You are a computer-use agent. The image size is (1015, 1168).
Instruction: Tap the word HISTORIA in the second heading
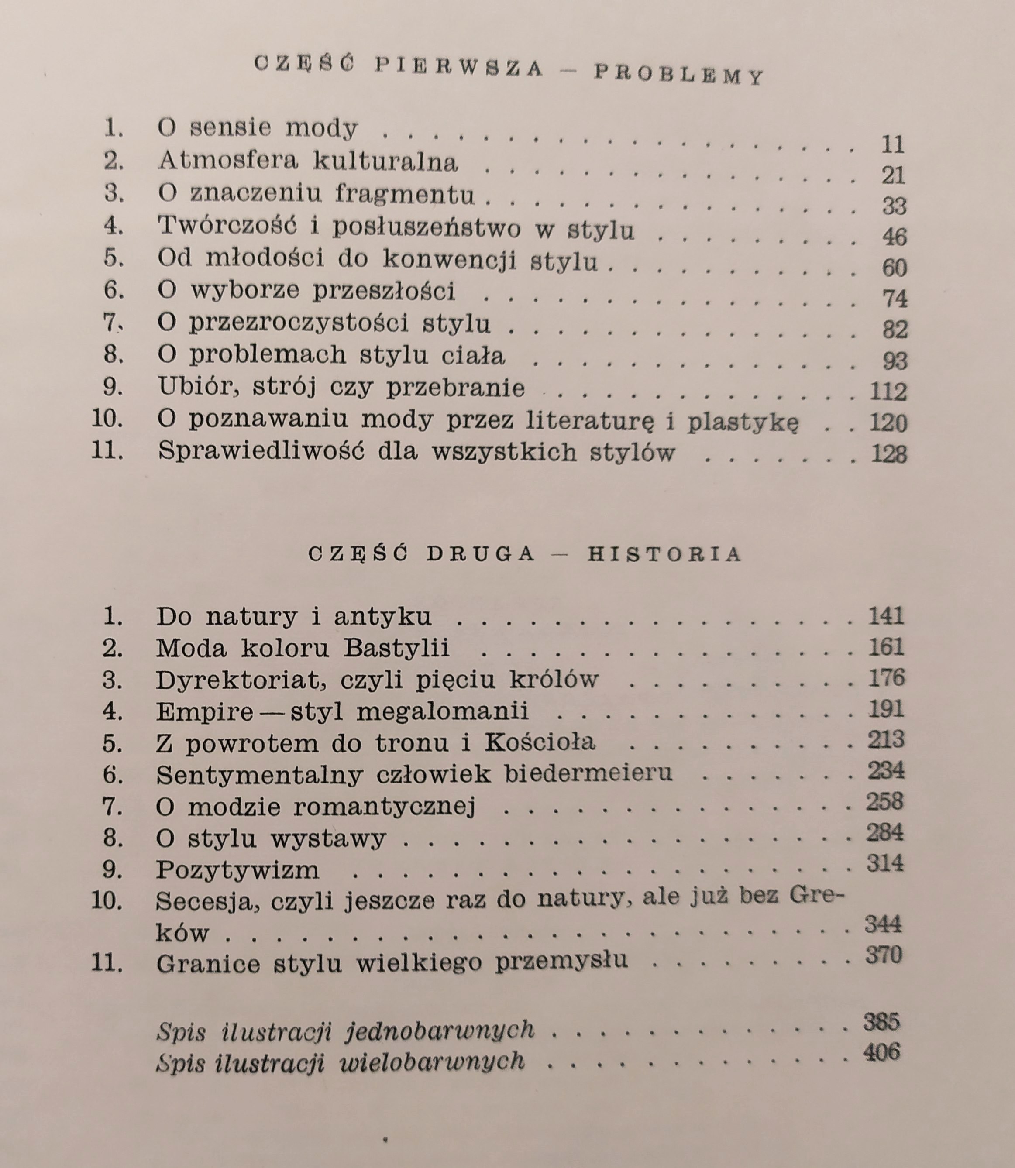pyautogui.click(x=664, y=554)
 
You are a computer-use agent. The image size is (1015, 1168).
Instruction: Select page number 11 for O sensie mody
pyautogui.click(x=893, y=145)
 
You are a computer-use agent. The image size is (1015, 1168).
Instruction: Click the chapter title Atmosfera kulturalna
pyautogui.click(x=308, y=161)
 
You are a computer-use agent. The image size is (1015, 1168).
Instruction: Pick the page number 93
pyautogui.click(x=895, y=361)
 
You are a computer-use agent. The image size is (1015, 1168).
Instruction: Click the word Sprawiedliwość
pyautogui.click(x=261, y=452)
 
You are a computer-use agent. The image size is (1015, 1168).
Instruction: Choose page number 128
pyautogui.click(x=889, y=454)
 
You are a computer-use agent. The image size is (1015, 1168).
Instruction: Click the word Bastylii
pyautogui.click(x=396, y=648)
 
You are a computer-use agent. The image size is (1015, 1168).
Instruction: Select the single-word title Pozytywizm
pyautogui.click(x=237, y=869)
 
